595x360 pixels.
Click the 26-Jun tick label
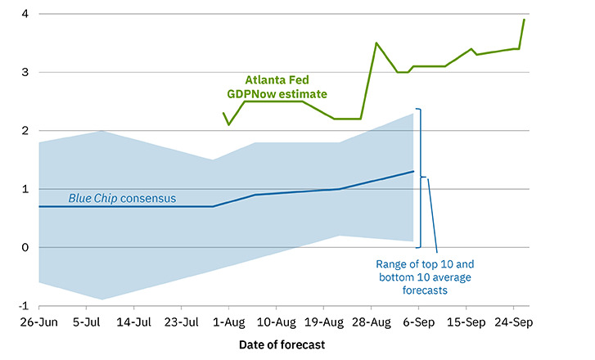tap(37, 322)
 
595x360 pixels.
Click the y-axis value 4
tap(25, 15)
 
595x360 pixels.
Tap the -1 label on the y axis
tap(24, 306)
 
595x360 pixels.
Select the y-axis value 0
tap(25, 248)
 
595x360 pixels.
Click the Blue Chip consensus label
tap(122, 198)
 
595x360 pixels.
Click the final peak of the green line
tap(524, 20)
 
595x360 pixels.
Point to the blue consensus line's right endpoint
tap(414, 172)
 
